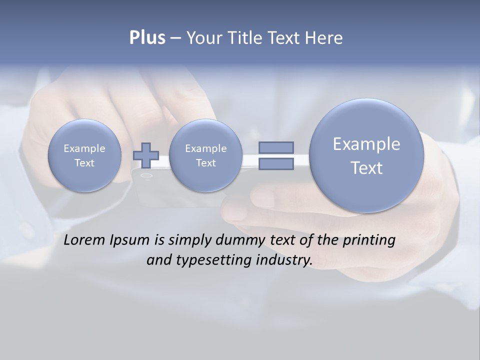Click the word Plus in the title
[x=147, y=38]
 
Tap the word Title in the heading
[x=245, y=38]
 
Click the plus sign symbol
[x=146, y=155]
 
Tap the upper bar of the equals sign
[x=276, y=147]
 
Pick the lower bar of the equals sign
[x=276, y=164]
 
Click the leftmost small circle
[x=84, y=155]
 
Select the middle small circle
[x=205, y=155]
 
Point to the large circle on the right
[x=366, y=155]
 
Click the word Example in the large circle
[x=366, y=144]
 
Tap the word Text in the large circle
[x=366, y=168]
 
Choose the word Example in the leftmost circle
[x=84, y=148]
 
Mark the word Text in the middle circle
[x=205, y=163]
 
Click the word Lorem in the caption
[x=84, y=240]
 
